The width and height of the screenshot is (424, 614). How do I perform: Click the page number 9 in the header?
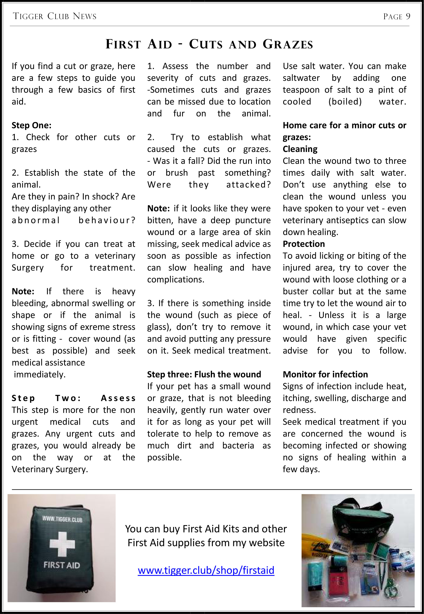[x=408, y=17]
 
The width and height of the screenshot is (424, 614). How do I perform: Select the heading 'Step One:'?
[x=31, y=125]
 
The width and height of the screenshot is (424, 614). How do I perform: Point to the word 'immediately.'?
[x=40, y=374]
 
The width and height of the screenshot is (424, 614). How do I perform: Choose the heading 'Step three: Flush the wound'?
[x=204, y=374]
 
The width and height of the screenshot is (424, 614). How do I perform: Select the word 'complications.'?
[x=176, y=279]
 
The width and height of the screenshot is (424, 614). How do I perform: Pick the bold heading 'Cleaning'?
[x=300, y=149]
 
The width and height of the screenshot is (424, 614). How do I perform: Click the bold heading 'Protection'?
[x=304, y=244]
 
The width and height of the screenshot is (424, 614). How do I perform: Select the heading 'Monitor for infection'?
[x=325, y=374]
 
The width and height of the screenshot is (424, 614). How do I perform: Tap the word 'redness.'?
[x=299, y=410]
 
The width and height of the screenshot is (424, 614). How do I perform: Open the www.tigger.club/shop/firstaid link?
[x=206, y=570]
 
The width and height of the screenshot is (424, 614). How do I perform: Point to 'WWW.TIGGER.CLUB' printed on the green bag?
[x=62, y=519]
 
